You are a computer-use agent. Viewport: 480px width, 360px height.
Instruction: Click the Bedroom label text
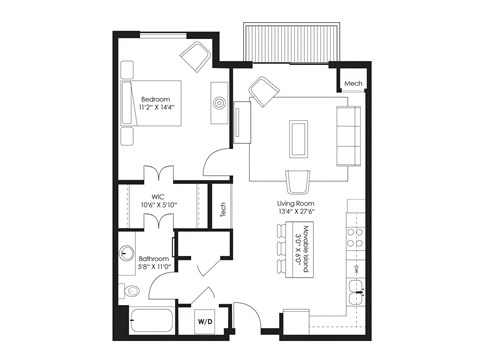tap(155, 99)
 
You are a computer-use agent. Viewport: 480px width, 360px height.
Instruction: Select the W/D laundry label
tap(205, 321)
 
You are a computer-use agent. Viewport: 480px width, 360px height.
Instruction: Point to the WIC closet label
tap(158, 197)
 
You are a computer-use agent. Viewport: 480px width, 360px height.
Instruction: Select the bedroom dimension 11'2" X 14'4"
tap(156, 109)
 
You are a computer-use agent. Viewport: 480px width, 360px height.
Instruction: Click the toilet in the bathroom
tap(129, 291)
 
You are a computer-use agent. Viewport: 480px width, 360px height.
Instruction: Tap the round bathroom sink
tap(127, 254)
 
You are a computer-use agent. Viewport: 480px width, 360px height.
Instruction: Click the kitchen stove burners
tap(354, 237)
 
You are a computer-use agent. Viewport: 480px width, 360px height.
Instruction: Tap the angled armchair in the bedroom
tap(195, 56)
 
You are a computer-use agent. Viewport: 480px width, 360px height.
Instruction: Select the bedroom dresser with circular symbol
tap(217, 102)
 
